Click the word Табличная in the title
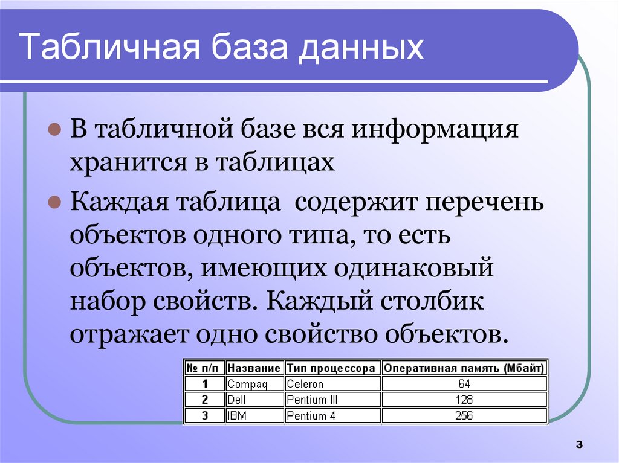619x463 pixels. (x=112, y=48)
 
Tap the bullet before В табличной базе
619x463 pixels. (x=53, y=130)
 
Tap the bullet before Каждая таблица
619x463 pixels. (x=53, y=202)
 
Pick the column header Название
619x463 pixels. (x=254, y=368)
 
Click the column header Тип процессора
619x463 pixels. (x=332, y=368)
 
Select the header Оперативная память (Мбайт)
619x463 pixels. (x=464, y=368)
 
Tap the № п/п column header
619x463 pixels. (x=204, y=368)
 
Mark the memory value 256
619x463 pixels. (x=464, y=415)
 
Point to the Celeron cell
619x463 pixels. (x=305, y=384)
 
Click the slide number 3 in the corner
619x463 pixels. (x=578, y=445)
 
